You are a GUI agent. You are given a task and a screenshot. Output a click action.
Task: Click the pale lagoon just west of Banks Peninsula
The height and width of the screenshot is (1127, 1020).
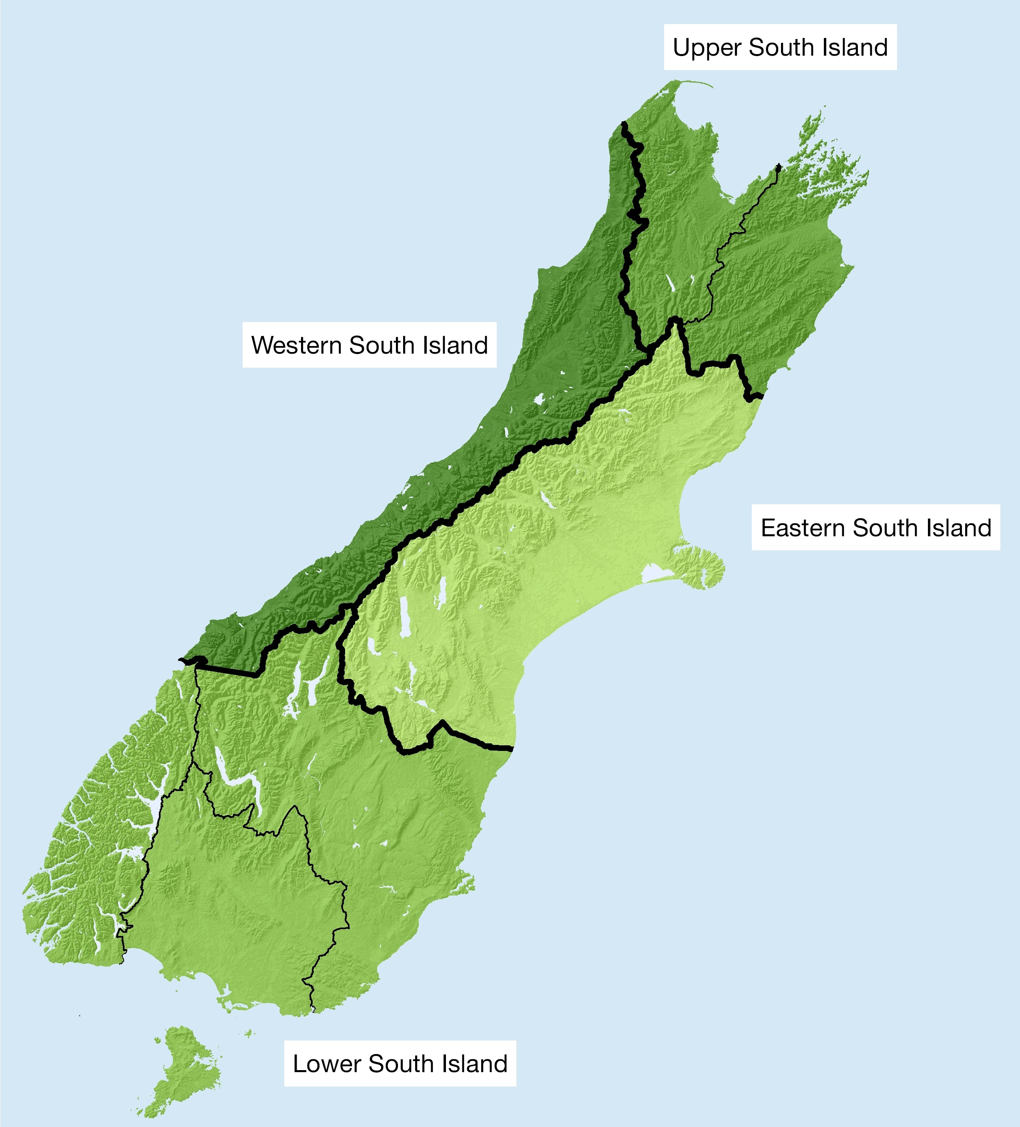[655, 573]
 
